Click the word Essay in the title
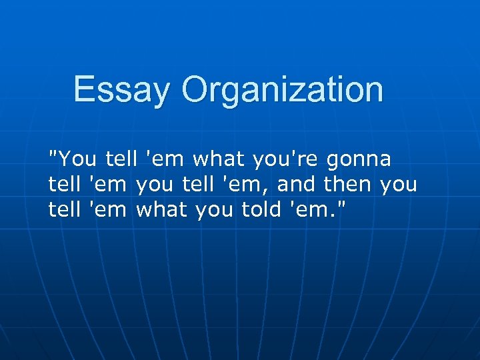pos(122,90)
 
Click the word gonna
pos(359,160)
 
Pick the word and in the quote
pos(300,184)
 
